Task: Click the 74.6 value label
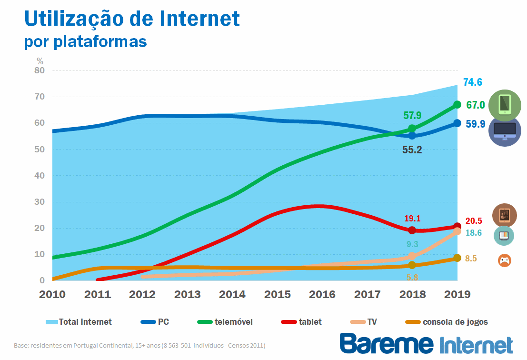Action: tap(473, 82)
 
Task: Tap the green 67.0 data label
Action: tap(476, 105)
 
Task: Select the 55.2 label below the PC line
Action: tap(412, 150)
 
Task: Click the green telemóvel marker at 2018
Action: tap(412, 129)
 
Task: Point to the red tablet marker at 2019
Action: tap(457, 227)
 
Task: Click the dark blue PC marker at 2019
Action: tap(457, 123)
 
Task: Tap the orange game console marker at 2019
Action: tap(457, 258)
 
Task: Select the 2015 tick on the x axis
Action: tap(277, 294)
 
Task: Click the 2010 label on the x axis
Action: tap(52, 294)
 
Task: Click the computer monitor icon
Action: tap(505, 130)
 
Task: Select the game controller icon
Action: tap(504, 260)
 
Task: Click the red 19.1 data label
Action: tap(412, 219)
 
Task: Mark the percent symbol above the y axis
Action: tap(40, 61)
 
